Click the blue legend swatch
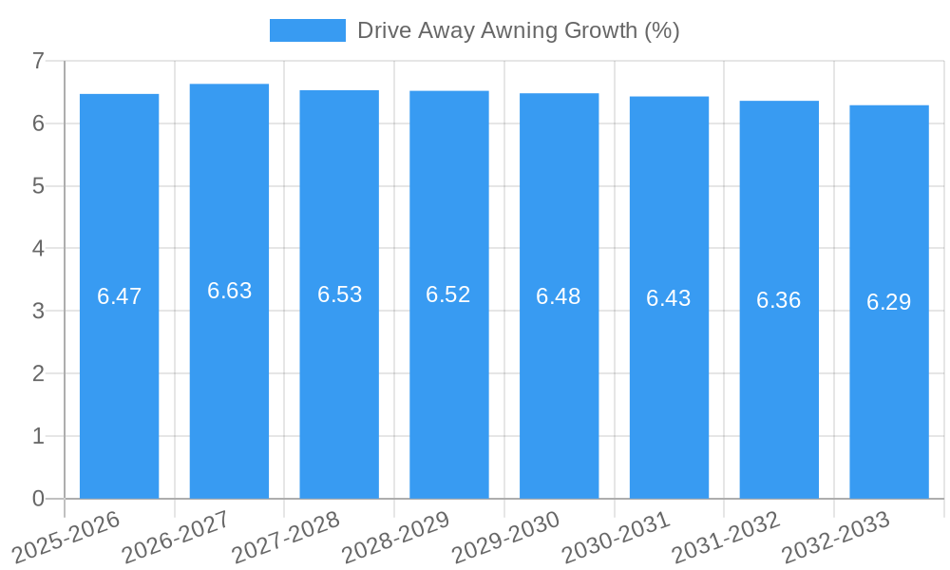(307, 30)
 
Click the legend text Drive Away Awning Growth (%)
(518, 30)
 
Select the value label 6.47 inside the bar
(119, 296)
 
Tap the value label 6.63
(229, 291)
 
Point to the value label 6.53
(339, 294)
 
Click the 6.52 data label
(448, 294)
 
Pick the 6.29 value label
(888, 302)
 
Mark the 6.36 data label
(778, 300)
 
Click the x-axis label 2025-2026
(66, 537)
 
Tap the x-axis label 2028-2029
(396, 537)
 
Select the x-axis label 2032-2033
(836, 537)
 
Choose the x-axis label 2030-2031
(617, 537)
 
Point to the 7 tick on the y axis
(38, 61)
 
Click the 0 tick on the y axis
(38, 499)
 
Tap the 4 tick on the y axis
(38, 249)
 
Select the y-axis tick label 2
(38, 373)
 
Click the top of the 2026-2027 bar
(229, 85)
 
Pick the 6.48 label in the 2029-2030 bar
(558, 296)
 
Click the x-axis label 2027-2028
(286, 537)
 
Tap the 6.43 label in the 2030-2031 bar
(668, 298)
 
